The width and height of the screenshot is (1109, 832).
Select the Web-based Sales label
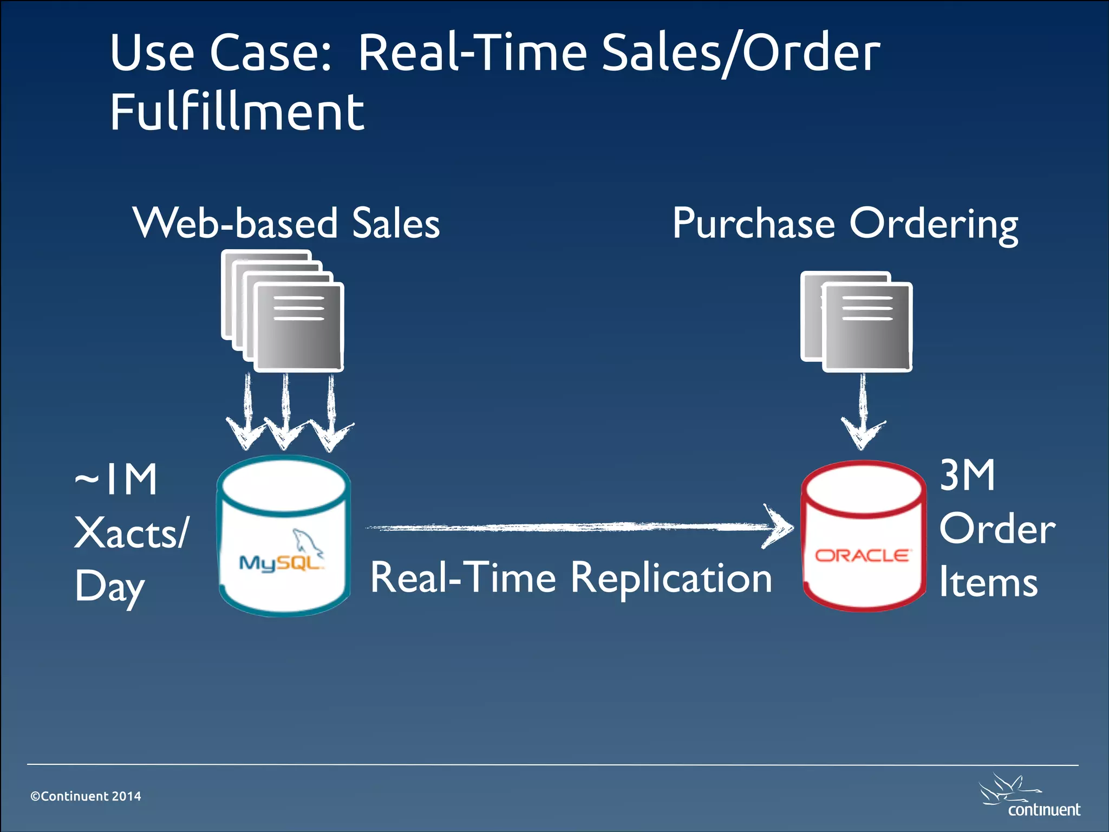coord(286,223)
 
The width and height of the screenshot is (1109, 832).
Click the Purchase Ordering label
coord(845,223)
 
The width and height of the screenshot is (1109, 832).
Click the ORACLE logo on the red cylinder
coord(863,556)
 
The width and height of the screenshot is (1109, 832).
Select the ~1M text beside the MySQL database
coord(116,479)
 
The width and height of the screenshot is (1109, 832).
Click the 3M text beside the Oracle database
coord(967,475)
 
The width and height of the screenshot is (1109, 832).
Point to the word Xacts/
coord(132,533)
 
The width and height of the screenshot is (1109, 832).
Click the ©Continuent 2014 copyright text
coord(86,796)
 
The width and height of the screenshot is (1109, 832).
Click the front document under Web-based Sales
coord(299,327)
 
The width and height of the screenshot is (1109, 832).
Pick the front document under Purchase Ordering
coord(867,327)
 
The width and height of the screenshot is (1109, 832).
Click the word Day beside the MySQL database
coord(110,587)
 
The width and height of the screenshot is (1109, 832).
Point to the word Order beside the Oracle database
coord(997,529)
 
